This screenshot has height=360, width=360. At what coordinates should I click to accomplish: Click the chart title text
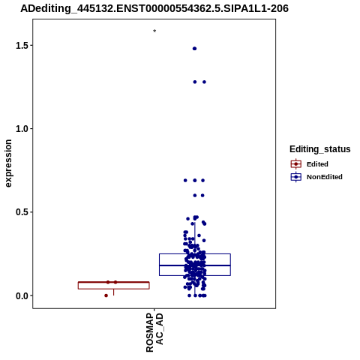(x=154, y=8)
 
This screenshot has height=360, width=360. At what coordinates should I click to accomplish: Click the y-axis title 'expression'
(x=8, y=163)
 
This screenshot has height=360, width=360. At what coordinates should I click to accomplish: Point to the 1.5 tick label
(x=21, y=46)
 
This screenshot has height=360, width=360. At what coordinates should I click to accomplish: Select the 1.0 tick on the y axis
(x=21, y=129)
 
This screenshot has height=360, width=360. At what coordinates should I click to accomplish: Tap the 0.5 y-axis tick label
(x=21, y=212)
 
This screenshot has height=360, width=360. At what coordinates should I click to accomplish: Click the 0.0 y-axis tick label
(x=21, y=295)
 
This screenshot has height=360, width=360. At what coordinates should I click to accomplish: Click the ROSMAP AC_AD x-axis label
(x=154, y=332)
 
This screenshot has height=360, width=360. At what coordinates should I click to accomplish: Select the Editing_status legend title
(x=320, y=149)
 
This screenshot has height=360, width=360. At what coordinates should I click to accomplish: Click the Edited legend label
(x=317, y=164)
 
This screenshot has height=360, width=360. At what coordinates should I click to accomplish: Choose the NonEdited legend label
(x=325, y=177)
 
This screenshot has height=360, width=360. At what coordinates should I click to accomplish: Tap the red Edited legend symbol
(x=296, y=164)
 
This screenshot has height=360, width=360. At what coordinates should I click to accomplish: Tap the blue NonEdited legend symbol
(x=296, y=177)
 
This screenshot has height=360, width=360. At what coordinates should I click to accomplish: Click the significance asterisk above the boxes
(x=154, y=31)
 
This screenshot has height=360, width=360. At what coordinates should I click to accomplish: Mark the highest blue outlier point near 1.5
(x=194, y=49)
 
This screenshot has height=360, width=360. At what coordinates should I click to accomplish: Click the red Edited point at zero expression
(x=106, y=295)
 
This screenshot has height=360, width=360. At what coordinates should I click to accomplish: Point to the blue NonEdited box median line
(x=195, y=265)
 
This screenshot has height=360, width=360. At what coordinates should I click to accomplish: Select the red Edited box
(x=114, y=285)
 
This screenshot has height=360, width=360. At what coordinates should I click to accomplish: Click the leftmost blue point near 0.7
(x=185, y=180)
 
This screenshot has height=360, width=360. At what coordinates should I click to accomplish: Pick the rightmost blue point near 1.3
(x=204, y=82)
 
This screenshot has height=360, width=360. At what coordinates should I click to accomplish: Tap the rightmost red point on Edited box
(x=115, y=282)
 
